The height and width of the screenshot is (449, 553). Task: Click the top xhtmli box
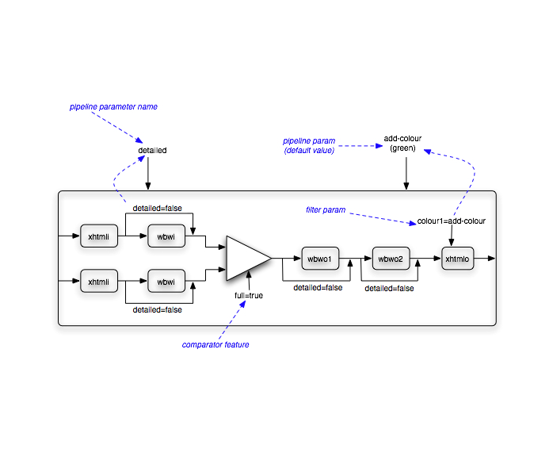(99, 236)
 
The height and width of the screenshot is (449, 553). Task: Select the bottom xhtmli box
(99, 282)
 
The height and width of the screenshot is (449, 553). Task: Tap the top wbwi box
(166, 236)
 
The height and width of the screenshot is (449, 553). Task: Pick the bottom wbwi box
(166, 282)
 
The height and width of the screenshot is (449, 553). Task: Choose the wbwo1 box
(320, 259)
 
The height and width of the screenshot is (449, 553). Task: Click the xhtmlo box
(458, 259)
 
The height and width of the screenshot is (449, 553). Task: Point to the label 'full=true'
(249, 295)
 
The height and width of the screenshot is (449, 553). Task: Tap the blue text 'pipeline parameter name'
(113, 106)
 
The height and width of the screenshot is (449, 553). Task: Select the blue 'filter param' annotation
(326, 209)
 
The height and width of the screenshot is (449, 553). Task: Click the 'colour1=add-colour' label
(452, 221)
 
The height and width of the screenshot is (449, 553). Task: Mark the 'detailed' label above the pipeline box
(152, 149)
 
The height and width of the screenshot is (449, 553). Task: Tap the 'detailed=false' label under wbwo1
(318, 287)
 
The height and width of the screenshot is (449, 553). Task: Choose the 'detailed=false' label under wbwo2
(389, 288)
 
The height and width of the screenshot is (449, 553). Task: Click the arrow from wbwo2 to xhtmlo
(429, 259)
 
